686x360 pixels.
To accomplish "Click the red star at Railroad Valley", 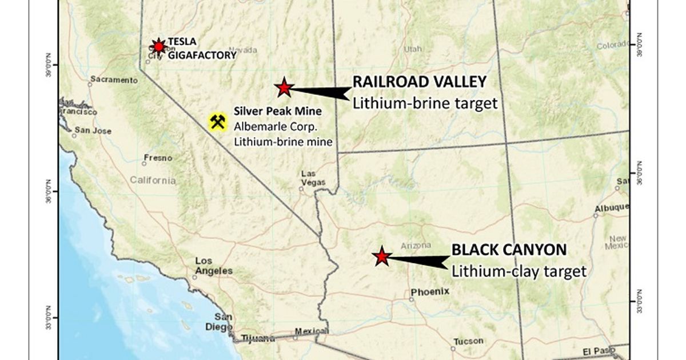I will coord(284,87).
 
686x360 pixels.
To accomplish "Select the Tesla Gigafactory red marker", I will coord(158,46).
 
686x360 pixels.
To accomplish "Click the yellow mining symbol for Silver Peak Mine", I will coord(217,122).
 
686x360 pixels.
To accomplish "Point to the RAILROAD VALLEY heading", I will coord(419,82).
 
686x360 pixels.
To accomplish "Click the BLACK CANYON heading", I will coord(509,250).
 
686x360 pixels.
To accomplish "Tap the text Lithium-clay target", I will coord(519,271).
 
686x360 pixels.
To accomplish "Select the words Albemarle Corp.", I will coord(267,126).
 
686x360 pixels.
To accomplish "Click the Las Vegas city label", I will coord(313,178).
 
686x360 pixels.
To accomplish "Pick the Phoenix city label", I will coord(430,291).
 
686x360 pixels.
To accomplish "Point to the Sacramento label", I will coord(114,80).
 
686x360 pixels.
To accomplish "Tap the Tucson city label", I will coord(468,341).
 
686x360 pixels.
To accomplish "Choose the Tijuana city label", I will coord(258,338).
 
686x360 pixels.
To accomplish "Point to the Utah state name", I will coord(413,49).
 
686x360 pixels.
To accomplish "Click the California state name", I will coord(153,181).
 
